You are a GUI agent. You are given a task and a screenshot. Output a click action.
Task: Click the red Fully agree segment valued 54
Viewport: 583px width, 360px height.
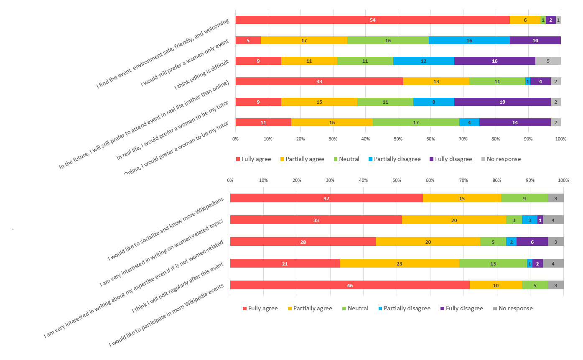[372, 20]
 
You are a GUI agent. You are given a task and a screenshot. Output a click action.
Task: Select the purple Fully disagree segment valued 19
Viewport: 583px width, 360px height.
[502, 102]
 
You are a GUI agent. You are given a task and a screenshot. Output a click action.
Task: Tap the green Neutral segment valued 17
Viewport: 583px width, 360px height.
[416, 122]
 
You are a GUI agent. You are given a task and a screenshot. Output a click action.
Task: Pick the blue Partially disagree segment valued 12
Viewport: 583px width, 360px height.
[423, 61]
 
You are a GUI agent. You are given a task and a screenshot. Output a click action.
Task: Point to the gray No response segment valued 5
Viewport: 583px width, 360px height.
[548, 61]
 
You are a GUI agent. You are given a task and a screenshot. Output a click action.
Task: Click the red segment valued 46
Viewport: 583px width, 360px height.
[350, 285]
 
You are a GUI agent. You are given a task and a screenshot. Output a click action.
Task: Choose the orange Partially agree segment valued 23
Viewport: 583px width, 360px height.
[399, 263]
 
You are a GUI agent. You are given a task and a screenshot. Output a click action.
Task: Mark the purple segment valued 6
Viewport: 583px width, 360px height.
[532, 242]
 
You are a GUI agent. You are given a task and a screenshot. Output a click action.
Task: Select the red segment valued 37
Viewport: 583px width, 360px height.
[326, 198]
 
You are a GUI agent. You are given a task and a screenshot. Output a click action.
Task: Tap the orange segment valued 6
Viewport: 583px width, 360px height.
[525, 20]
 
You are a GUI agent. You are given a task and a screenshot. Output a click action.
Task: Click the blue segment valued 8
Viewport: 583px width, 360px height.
[434, 102]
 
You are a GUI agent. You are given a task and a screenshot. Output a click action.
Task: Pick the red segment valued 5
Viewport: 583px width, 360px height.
[248, 41]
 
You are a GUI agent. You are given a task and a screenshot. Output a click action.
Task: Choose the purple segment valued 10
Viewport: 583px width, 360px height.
[535, 41]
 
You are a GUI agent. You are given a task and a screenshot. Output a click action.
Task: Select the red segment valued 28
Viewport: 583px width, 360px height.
[303, 242]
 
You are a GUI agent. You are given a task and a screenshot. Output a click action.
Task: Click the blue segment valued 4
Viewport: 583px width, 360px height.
[469, 122]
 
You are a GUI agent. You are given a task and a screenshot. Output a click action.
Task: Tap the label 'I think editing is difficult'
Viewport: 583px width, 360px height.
[201, 75]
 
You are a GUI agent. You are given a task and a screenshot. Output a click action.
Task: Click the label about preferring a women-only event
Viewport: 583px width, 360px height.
[185, 63]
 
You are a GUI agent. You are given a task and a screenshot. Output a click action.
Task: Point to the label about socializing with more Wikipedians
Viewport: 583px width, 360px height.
[166, 228]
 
